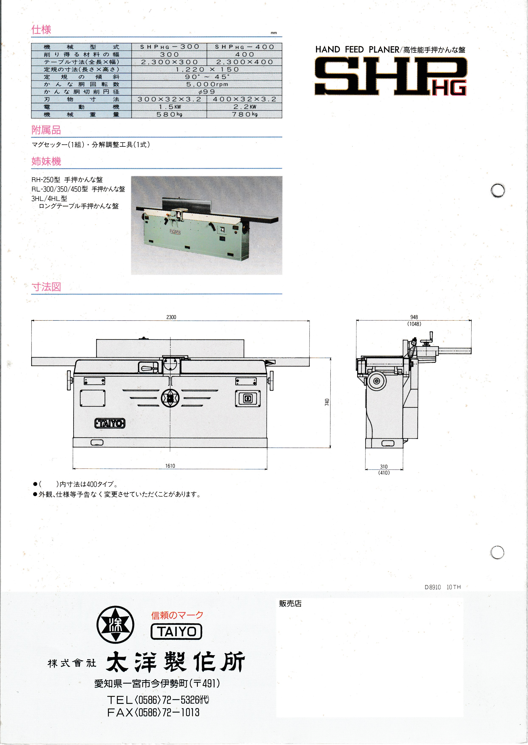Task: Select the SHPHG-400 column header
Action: (244, 47)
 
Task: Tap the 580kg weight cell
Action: (169, 114)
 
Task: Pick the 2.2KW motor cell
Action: (244, 107)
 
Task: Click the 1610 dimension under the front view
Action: (170, 466)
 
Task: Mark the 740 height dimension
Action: (327, 402)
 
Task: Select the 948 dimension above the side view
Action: (414, 317)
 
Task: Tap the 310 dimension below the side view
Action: (384, 467)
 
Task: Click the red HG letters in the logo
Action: (449, 87)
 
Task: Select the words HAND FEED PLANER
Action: (357, 49)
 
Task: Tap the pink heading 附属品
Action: (46, 130)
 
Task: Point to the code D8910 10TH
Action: (442, 587)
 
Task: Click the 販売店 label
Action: (290, 604)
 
